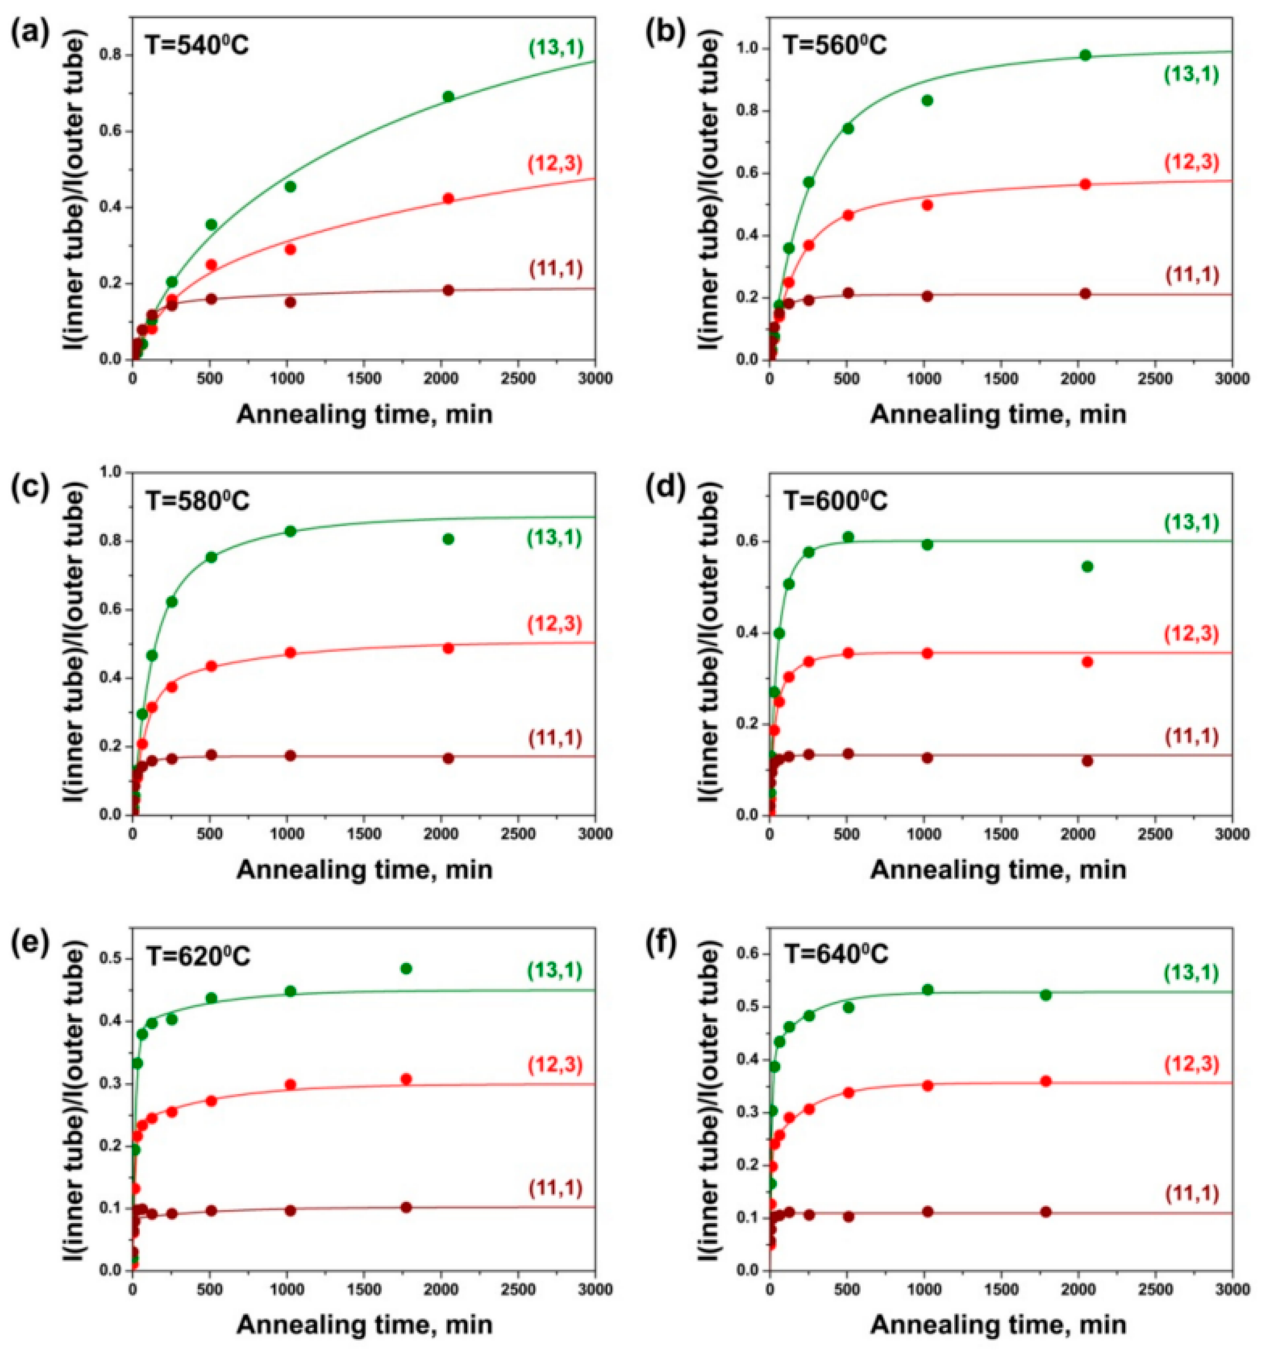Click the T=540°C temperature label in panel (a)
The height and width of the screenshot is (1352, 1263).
197,46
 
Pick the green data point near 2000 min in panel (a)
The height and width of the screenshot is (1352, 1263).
448,97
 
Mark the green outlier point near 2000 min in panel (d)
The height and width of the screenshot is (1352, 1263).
1087,567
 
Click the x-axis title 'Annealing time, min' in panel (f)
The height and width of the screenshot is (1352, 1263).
998,1324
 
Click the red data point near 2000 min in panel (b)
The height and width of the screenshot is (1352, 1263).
1085,184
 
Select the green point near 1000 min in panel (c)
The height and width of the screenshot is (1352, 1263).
291,531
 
